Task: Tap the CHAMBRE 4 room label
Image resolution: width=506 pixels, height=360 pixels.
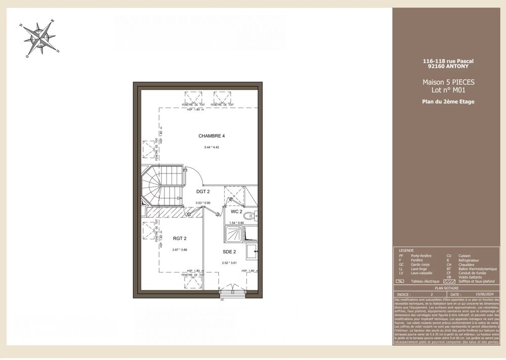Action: click(212, 136)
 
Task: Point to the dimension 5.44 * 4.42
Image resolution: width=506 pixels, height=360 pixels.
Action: click(212, 147)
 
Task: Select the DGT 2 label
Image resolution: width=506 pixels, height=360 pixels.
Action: click(203, 192)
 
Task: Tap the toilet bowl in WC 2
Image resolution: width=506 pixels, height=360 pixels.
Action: click(249, 216)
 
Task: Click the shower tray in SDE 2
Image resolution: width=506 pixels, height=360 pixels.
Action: click(233, 233)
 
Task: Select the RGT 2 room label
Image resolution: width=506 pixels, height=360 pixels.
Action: click(180, 238)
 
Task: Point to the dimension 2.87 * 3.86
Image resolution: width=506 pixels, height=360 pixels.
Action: click(180, 249)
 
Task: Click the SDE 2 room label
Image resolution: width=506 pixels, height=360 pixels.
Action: click(229, 251)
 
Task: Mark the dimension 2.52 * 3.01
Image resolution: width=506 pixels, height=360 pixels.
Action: click(229, 262)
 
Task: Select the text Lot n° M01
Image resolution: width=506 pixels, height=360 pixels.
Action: click(448, 91)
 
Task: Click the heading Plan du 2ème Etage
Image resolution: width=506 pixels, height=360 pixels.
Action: click(448, 102)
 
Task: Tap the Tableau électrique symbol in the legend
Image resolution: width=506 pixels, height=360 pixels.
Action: click(400, 282)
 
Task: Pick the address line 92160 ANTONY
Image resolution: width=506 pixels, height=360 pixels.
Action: click(448, 66)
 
